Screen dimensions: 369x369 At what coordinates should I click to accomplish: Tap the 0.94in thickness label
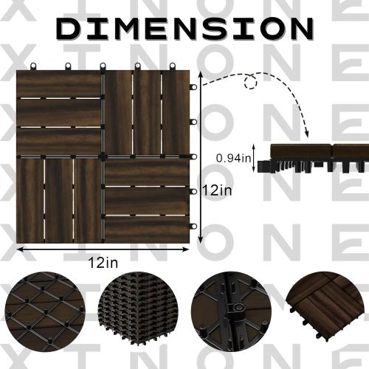233,159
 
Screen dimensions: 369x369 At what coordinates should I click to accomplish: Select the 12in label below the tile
103,263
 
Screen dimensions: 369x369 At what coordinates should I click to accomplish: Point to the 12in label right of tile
217,190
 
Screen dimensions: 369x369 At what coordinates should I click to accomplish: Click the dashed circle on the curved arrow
251,81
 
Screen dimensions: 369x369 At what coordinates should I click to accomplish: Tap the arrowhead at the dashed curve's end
306,134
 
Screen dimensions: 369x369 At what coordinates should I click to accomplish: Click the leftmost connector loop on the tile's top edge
33,66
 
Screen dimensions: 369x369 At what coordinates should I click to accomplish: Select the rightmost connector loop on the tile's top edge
173,66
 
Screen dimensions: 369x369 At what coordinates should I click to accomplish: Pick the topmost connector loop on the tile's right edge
193,87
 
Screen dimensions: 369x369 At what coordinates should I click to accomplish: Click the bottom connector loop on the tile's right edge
193,227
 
